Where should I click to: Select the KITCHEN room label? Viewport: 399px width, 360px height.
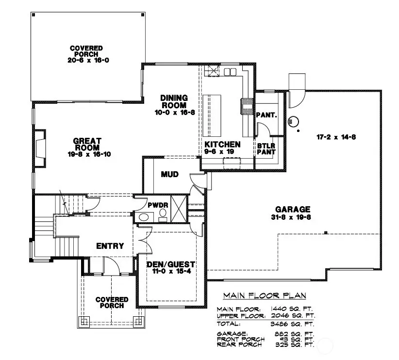click(222, 145)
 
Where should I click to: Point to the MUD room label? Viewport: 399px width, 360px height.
click(169, 174)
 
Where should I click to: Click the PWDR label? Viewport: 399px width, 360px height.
click(159, 205)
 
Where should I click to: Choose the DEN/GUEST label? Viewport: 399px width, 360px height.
click(170, 264)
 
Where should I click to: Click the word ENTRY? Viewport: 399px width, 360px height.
click(110, 246)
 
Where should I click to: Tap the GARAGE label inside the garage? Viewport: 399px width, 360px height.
click(291, 210)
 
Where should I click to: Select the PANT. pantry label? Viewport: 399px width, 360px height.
click(266, 115)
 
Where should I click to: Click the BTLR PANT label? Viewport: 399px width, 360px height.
click(266, 148)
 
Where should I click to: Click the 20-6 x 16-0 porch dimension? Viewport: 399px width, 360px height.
click(86, 61)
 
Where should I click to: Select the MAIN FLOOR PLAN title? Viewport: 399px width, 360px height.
click(265, 295)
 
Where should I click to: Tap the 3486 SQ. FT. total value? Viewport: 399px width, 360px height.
click(292, 323)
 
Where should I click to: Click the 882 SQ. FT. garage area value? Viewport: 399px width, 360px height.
click(292, 334)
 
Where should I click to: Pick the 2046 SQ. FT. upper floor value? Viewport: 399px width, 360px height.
click(292, 315)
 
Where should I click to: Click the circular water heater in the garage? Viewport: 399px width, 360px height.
click(293, 121)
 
